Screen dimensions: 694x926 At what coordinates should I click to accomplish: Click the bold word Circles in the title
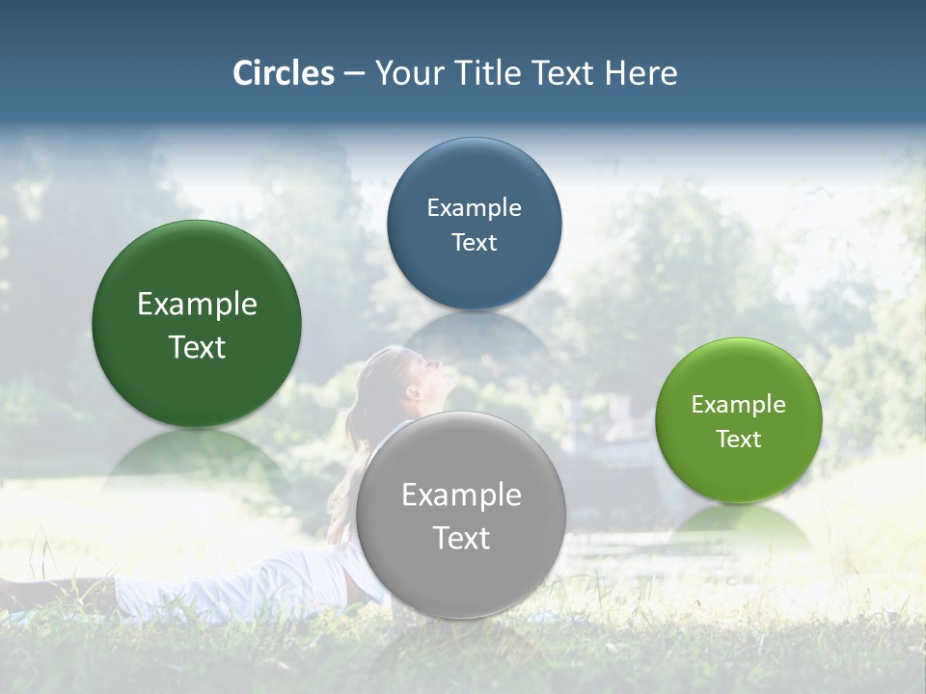pyautogui.click(x=284, y=73)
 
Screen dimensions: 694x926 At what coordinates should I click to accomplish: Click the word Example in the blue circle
pyautogui.click(x=474, y=207)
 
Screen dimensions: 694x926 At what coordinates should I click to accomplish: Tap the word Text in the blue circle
pyautogui.click(x=474, y=242)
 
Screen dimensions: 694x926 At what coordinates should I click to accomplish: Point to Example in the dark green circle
pyautogui.click(x=197, y=305)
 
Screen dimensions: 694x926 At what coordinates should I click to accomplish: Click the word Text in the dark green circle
pyautogui.click(x=197, y=347)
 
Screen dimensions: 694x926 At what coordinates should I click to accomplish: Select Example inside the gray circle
pyautogui.click(x=461, y=495)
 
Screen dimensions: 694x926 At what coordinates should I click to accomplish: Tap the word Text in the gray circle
pyautogui.click(x=461, y=538)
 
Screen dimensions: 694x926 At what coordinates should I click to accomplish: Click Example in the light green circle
pyautogui.click(x=738, y=404)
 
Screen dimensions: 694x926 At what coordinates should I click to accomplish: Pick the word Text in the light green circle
pyautogui.click(x=738, y=439)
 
